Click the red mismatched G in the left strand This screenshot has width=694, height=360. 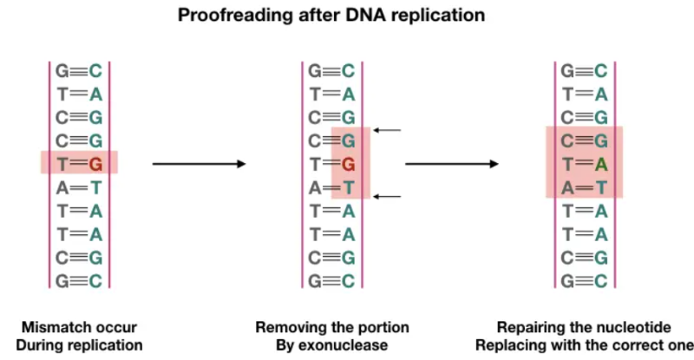point(95,162)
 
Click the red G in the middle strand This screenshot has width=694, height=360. point(348,162)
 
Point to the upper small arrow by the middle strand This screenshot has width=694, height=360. point(389,131)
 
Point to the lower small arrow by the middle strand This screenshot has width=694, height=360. point(389,196)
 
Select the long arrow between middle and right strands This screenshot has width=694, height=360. point(452,163)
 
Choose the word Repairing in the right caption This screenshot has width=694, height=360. point(531,328)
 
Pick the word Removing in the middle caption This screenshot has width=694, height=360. point(287,328)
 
